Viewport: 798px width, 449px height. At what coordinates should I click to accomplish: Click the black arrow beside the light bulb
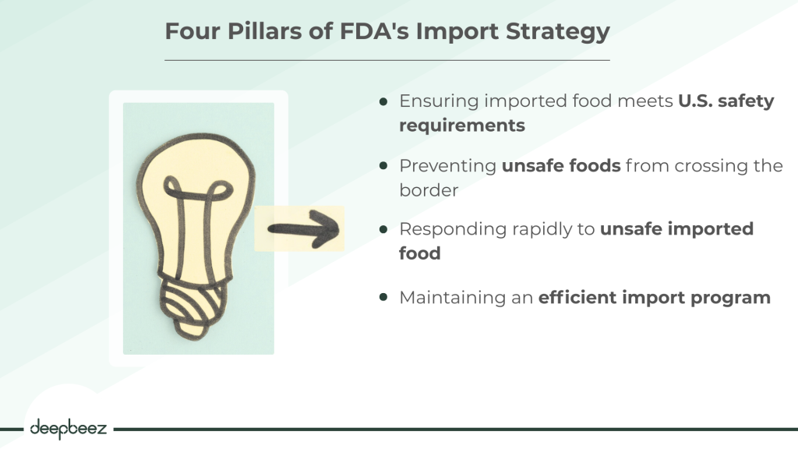[x=305, y=228]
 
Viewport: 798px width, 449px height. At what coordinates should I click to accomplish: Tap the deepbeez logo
[x=69, y=427]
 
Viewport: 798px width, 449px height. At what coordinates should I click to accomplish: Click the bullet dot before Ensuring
[x=383, y=102]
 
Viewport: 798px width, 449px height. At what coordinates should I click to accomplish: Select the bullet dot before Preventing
[x=383, y=166]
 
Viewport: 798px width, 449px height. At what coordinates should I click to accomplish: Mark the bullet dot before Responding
[x=383, y=230]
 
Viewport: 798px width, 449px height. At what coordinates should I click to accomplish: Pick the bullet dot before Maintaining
[x=383, y=298]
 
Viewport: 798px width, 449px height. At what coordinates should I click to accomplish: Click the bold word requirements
[x=462, y=125]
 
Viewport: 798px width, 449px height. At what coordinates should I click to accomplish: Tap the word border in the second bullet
[x=429, y=189]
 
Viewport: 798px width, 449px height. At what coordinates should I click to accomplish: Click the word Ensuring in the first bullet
[x=438, y=102]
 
